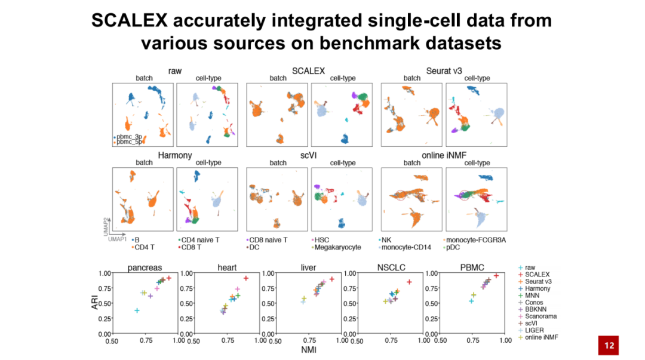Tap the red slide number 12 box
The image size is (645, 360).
[609, 345]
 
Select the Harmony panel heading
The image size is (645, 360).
[174, 155]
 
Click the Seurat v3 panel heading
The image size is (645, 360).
[444, 71]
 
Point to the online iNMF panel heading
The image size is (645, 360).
[444, 155]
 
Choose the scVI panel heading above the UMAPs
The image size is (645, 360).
[309, 155]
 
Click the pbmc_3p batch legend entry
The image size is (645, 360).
[130, 137]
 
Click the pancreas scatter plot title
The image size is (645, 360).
[145, 267]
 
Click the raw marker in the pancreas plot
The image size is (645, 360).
[137, 310]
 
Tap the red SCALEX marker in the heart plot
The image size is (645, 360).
[245, 278]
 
